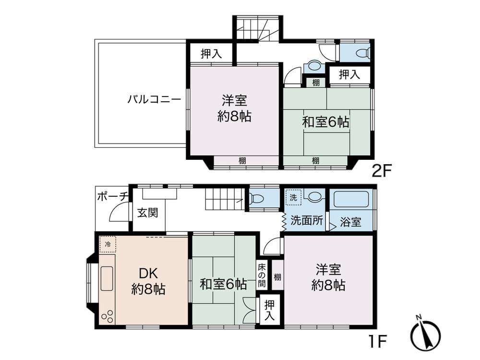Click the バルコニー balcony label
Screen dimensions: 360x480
[154, 100]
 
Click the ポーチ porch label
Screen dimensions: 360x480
[112, 196]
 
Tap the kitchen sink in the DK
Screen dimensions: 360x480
[107, 278]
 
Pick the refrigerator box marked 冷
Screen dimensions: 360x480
[108, 244]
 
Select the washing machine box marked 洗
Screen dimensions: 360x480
[292, 197]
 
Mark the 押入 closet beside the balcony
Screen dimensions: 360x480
[211, 54]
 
